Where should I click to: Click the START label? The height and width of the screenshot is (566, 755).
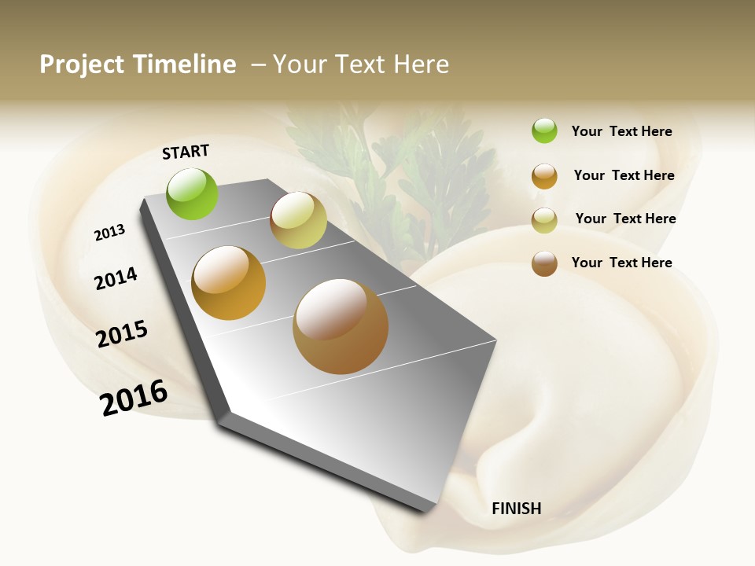pos(186,152)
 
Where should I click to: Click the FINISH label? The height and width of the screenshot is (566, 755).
pos(516,509)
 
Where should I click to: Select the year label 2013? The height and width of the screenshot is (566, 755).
pos(109,233)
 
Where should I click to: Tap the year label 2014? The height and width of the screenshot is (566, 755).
pos(116,278)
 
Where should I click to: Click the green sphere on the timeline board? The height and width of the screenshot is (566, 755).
pos(193,193)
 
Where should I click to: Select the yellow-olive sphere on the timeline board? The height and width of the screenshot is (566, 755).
pos(298,220)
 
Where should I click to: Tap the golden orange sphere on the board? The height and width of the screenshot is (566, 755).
pos(229,283)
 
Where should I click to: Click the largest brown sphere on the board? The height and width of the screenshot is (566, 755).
pos(341,326)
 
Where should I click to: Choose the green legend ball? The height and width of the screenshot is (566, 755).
pos(544,130)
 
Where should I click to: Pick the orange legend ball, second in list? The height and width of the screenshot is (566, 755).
pos(544,176)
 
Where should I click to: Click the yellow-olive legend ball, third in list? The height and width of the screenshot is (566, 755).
pos(544,220)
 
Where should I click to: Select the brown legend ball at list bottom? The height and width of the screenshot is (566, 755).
pos(544,263)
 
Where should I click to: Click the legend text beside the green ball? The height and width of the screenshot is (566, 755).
pos(621,131)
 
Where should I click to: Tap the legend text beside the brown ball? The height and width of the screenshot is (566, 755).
pos(621,263)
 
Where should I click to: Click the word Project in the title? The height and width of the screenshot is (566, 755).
pos(82,64)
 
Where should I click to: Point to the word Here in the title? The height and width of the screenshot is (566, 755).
pos(421,64)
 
